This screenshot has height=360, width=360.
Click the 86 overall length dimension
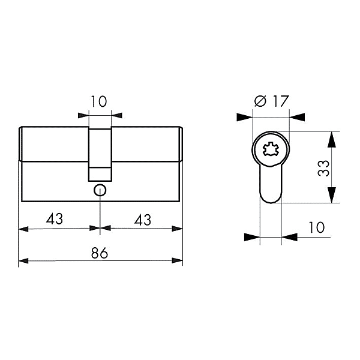100,253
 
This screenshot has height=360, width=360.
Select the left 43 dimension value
55,219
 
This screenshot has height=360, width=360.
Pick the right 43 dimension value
143,220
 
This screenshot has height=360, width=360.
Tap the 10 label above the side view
99,101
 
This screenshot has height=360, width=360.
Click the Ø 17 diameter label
271,101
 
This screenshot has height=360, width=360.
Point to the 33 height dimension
323,168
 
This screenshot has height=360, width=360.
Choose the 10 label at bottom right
317,227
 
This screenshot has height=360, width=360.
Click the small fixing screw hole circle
100,190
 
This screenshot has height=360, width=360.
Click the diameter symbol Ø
260,101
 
